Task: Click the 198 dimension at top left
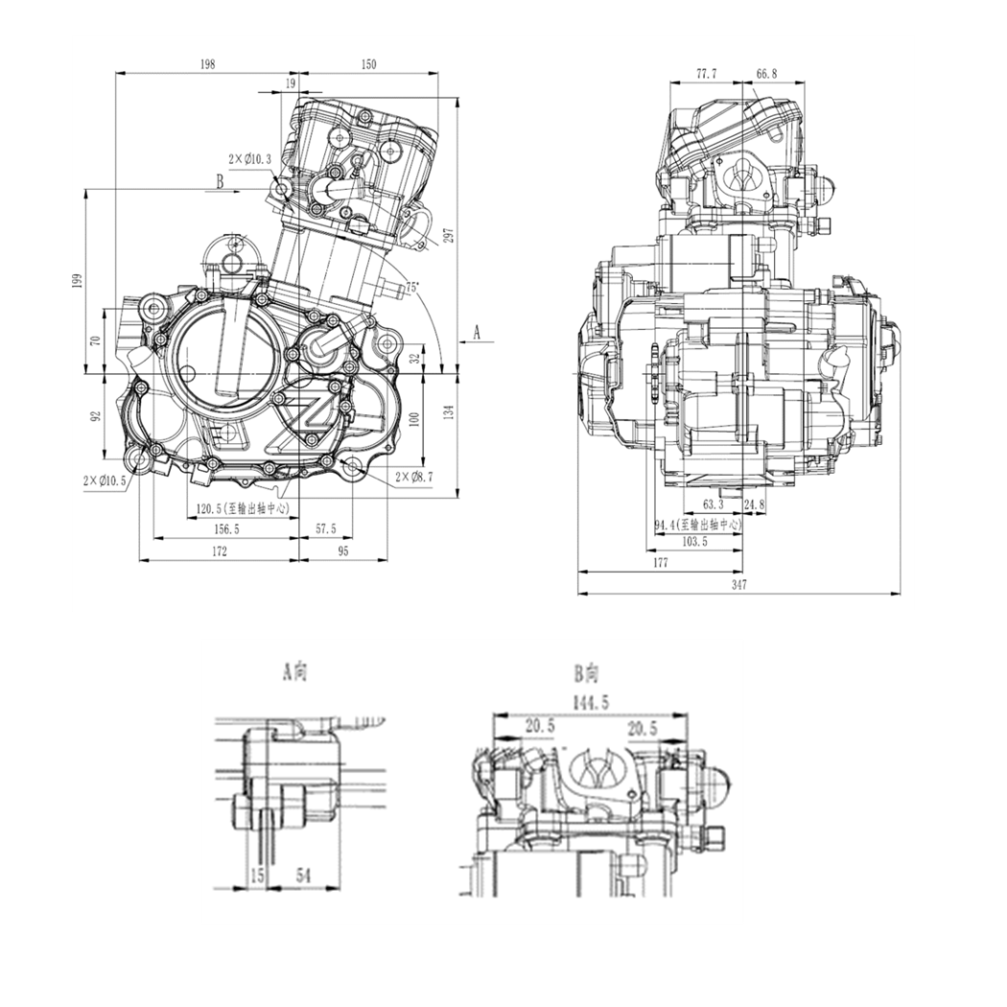(x=207, y=64)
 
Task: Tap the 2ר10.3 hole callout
(x=249, y=158)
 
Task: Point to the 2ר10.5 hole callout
(x=105, y=480)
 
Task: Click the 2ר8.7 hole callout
(x=414, y=476)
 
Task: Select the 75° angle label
(x=411, y=287)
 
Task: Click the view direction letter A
(x=476, y=332)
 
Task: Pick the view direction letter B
(x=220, y=180)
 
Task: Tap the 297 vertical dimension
(x=448, y=236)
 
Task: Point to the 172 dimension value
(x=219, y=550)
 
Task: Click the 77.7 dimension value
(x=707, y=73)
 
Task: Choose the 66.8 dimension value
(x=766, y=73)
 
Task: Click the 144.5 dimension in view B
(x=590, y=703)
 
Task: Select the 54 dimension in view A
(x=303, y=876)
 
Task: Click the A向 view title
(x=294, y=672)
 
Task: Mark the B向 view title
(x=586, y=672)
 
